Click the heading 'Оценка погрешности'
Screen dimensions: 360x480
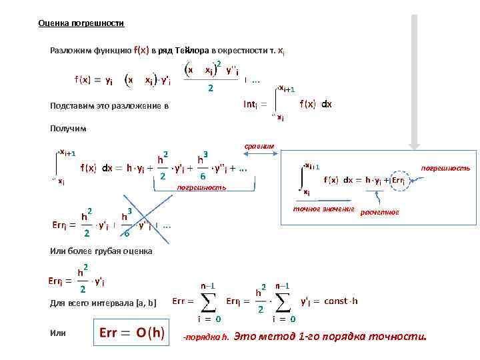pyautogui.click(x=81, y=23)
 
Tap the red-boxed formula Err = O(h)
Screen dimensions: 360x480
pyautogui.click(x=131, y=333)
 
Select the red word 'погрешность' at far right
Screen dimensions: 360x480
pyautogui.click(x=446, y=169)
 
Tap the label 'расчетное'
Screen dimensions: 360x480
pyautogui.click(x=379, y=212)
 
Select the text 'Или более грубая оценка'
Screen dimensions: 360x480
pyautogui.click(x=101, y=251)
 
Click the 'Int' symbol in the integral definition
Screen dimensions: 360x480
pyautogui.click(x=251, y=104)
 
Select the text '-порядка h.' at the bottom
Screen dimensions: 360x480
pyautogui.click(x=205, y=337)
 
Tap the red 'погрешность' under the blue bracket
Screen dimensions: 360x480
pyautogui.click(x=201, y=188)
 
